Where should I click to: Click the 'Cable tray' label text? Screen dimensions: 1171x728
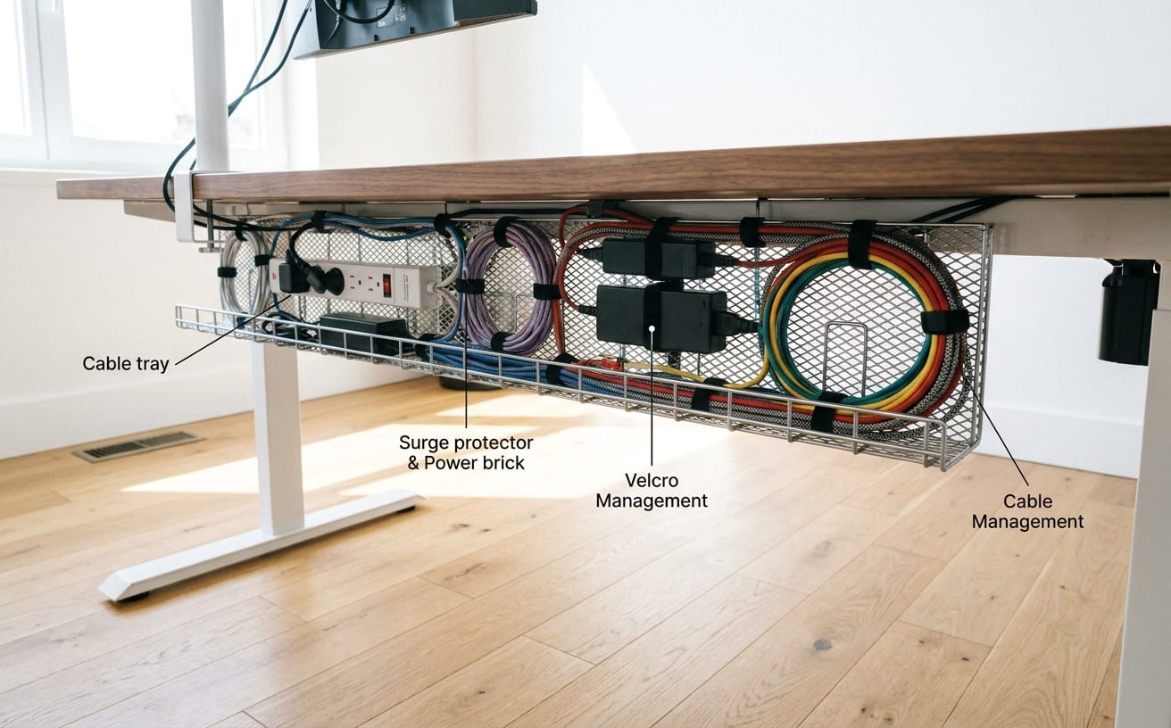126,364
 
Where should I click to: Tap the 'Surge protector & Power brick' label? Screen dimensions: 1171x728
466,452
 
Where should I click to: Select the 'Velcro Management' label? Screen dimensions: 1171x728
652,490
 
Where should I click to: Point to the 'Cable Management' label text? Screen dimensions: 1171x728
1027,511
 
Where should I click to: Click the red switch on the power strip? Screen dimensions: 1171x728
386,285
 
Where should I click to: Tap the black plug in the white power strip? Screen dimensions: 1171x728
293,277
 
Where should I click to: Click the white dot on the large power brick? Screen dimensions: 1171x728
652,328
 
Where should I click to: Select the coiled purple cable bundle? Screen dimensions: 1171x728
511,287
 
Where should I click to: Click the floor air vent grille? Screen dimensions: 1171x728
138,446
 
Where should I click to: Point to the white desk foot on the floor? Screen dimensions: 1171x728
260,545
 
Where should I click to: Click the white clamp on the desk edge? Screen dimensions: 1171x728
185,207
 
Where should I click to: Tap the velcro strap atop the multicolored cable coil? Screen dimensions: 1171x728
861,244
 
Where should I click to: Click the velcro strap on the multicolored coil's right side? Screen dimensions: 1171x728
944,321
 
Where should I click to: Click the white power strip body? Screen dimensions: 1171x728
355,285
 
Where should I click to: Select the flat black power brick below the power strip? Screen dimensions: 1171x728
364,333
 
